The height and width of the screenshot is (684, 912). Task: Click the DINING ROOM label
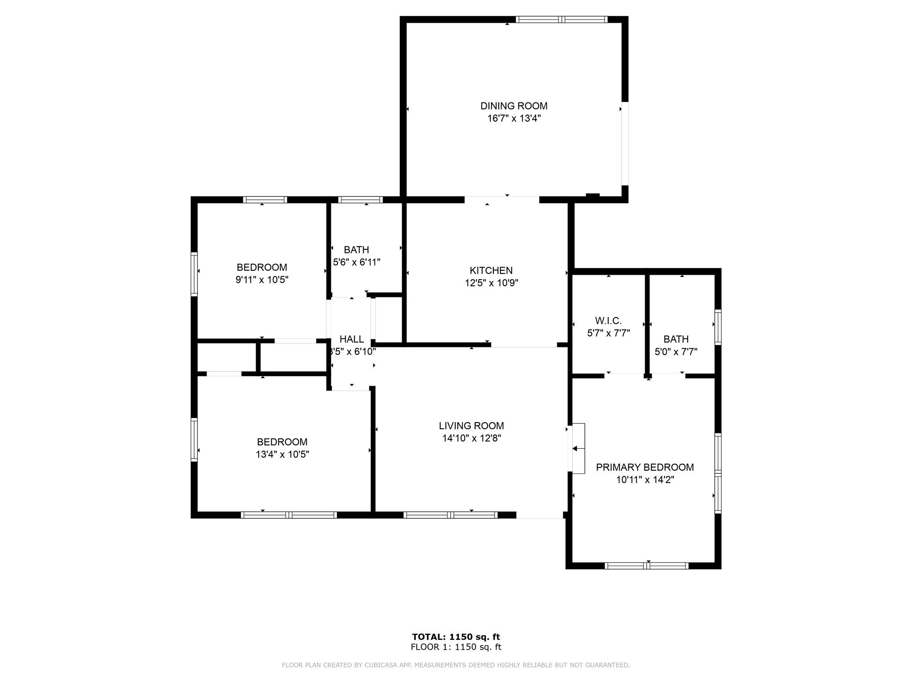514,106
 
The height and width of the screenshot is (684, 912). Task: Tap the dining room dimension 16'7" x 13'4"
514,118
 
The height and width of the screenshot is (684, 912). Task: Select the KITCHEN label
491,270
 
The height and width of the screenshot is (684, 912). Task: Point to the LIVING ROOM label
472,426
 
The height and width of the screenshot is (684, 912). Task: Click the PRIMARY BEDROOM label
645,467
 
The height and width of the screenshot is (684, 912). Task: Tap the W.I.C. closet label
608,321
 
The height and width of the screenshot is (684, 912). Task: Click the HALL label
352,339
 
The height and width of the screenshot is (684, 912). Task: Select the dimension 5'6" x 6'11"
357,262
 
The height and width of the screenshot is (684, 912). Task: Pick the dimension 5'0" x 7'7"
676,352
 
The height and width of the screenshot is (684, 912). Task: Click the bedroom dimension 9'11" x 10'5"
262,280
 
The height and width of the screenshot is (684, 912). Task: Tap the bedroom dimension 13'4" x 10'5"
282,454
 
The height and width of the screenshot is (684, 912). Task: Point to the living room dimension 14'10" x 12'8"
472,438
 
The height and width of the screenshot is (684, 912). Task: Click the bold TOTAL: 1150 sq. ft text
456,637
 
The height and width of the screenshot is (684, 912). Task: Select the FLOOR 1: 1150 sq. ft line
456,647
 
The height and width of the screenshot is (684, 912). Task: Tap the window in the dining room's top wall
562,20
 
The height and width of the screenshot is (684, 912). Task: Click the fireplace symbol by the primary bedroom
578,448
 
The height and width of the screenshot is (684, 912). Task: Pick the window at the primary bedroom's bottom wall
647,566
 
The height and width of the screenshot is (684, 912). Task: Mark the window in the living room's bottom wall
451,515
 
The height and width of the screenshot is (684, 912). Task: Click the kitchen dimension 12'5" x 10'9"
492,283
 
